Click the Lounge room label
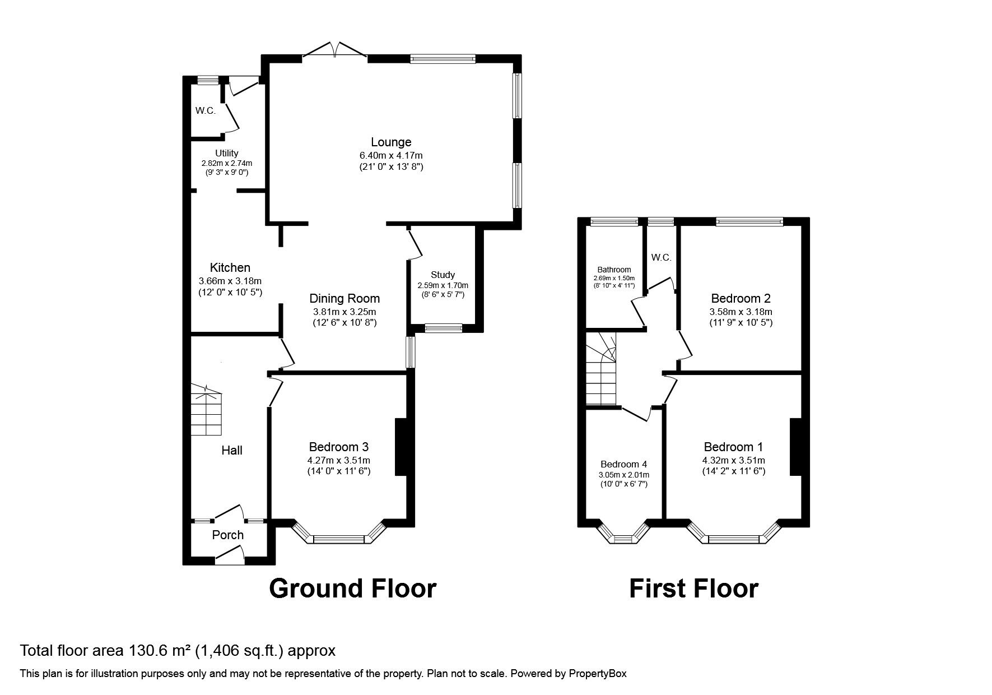tap(391, 142)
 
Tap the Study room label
tap(443, 275)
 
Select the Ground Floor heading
tap(352, 589)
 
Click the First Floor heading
tap(693, 589)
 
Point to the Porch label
tap(228, 535)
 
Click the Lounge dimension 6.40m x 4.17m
tap(391, 155)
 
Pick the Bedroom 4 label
tap(623, 464)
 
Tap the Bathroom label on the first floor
tap(614, 270)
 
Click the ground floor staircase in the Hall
tap(207, 411)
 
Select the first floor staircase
tap(601, 368)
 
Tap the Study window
tap(444, 328)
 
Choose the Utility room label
tap(227, 153)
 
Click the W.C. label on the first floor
tap(661, 257)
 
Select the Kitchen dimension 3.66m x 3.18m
tap(230, 281)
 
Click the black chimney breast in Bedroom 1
tap(795, 447)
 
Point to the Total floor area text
tap(178, 651)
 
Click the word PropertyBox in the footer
tap(598, 674)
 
